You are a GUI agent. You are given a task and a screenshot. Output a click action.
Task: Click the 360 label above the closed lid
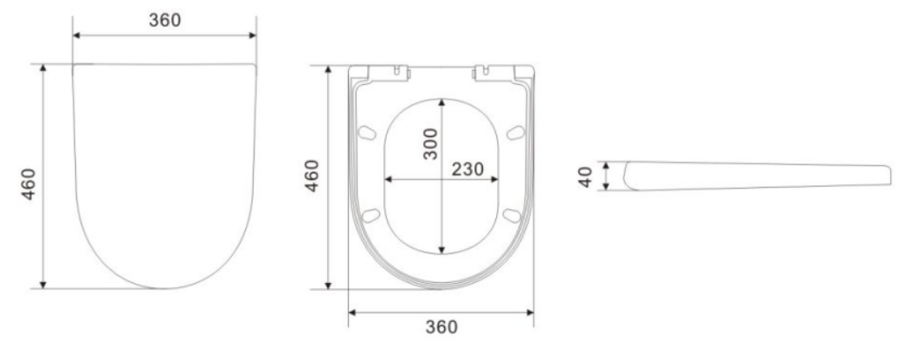point(164,20)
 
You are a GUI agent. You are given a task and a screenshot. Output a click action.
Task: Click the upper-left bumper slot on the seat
point(366,132)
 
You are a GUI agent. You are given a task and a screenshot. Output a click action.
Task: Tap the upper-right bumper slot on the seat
point(515,132)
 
